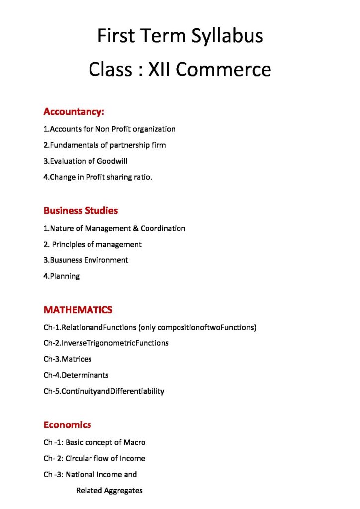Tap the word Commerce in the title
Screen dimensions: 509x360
(223, 69)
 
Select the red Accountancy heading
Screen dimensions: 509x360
(74, 111)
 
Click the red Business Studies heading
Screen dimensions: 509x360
(81, 211)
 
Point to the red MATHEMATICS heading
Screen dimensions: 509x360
(78, 310)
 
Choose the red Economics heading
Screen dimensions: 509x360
(67, 425)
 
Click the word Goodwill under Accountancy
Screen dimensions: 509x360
(109, 161)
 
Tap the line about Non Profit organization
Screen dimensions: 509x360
(109, 129)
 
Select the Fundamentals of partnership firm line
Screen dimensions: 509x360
(104, 145)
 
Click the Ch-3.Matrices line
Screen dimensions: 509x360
(67, 359)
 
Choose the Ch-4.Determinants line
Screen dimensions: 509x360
(76, 375)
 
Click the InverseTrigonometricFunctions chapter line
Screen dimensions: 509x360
(105, 343)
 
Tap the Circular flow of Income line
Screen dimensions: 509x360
(94, 458)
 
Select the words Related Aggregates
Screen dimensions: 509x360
(109, 491)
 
